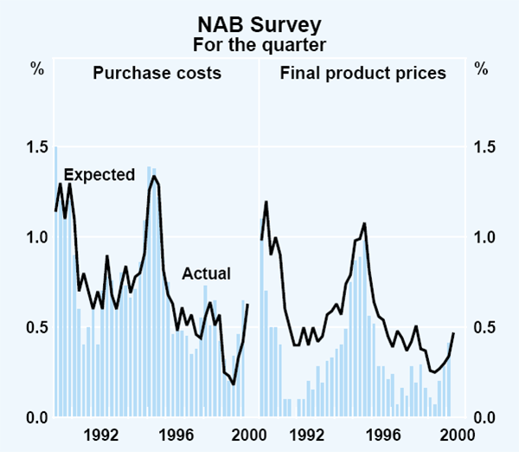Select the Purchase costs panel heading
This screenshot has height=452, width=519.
tap(157, 74)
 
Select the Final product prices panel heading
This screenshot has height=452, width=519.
tap(363, 74)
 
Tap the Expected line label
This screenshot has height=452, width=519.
tap(99, 175)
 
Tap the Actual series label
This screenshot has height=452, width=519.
tap(206, 274)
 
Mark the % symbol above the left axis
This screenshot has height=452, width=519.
tap(37, 68)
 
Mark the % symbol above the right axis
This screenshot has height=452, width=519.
tap(481, 68)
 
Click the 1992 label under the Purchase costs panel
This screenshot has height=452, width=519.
tap(103, 436)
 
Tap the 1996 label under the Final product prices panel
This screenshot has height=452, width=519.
tap(384, 436)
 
